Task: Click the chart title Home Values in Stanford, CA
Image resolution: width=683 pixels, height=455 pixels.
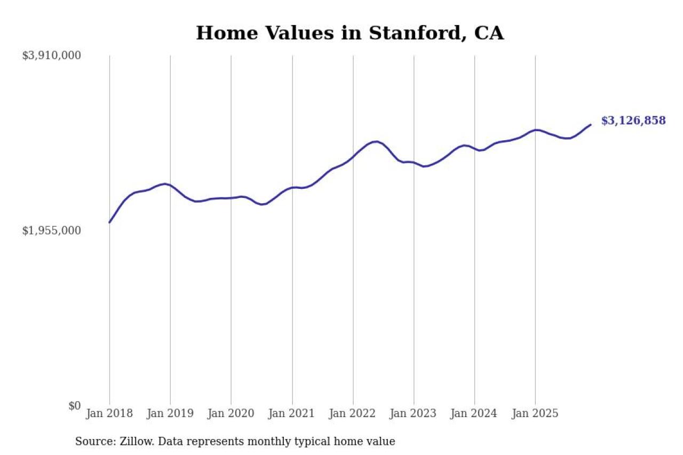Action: click(x=350, y=33)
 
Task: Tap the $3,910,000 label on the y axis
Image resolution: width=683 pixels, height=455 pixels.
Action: click(x=51, y=55)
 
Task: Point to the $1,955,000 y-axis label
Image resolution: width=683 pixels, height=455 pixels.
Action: click(x=51, y=230)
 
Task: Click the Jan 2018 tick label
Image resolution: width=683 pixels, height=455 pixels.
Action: click(x=109, y=414)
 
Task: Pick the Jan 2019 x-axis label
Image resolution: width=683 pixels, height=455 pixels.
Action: click(x=170, y=414)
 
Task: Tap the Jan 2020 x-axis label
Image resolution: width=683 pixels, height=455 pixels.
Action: click(x=231, y=414)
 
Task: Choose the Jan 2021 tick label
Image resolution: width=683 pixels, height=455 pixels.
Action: click(x=292, y=414)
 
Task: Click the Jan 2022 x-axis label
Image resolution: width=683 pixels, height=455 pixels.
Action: click(x=353, y=414)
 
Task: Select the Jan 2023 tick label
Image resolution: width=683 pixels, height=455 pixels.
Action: click(x=414, y=414)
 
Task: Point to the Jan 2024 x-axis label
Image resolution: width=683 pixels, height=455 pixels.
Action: click(x=474, y=414)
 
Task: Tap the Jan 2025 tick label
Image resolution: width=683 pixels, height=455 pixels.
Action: click(x=535, y=414)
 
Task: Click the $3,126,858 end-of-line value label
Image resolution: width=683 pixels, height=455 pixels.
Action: click(x=633, y=121)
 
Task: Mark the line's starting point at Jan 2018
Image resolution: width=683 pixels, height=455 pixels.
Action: click(x=109, y=222)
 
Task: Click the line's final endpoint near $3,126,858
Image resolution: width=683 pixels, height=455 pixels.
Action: click(x=591, y=124)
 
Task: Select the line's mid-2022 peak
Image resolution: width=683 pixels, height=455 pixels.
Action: click(x=376, y=141)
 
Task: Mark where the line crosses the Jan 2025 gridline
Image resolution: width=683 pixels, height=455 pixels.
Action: click(x=535, y=130)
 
